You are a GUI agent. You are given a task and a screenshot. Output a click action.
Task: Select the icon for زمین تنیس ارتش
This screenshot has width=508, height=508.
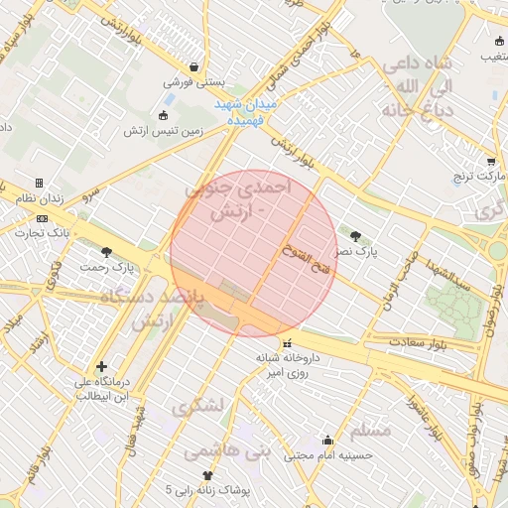pyautogui.click(x=164, y=114)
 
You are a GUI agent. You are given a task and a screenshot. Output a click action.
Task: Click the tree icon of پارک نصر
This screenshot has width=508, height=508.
pyautogui.click(x=355, y=235)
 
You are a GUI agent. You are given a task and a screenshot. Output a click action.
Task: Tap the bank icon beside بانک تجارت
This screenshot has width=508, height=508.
pyautogui.click(x=41, y=218)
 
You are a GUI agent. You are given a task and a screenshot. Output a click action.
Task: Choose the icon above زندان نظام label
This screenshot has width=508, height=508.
pyautogui.click(x=39, y=184)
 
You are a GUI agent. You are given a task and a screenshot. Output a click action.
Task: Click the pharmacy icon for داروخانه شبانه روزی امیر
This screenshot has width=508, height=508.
pyautogui.click(x=287, y=343)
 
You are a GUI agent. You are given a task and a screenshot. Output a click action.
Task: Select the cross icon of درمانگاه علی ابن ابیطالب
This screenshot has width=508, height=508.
pyautogui.click(x=101, y=367)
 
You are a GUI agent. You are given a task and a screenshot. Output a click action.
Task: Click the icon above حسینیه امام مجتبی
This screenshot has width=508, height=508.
pyautogui.click(x=327, y=441)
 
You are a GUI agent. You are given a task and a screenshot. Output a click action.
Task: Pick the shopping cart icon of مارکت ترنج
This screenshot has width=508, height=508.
pyautogui.click(x=491, y=161)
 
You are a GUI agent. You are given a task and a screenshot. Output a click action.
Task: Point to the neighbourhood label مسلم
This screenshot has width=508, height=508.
pyautogui.click(x=371, y=431)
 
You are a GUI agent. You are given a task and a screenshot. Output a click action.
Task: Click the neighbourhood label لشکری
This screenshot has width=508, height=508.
pyautogui.click(x=197, y=407)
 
